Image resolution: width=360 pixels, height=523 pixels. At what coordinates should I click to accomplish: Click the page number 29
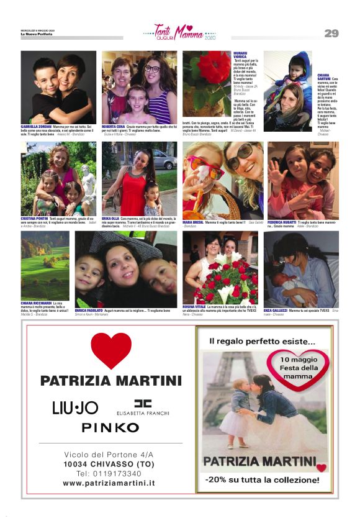pyautogui.click(x=331, y=34)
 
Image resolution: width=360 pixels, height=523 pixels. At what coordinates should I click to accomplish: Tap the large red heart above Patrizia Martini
pyautogui.click(x=111, y=349)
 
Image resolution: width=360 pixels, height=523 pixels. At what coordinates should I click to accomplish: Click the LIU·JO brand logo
pyautogui.click(x=75, y=407)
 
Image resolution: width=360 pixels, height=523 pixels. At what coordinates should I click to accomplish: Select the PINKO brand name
pyautogui.click(x=110, y=427)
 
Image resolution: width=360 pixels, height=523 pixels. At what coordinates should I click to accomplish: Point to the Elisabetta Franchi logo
pyautogui.click(x=143, y=407)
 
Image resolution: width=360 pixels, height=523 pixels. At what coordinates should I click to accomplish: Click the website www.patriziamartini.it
pyautogui.click(x=109, y=483)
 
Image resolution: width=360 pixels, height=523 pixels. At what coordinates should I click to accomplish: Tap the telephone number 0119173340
pyautogui.click(x=109, y=473)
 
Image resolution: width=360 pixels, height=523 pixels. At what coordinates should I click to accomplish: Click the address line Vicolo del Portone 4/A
pyautogui.click(x=109, y=454)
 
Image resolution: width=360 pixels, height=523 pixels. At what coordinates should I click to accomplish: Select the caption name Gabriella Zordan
pyautogui.click(x=36, y=127)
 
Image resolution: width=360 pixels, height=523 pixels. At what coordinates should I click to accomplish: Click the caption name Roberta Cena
pyautogui.click(x=114, y=127)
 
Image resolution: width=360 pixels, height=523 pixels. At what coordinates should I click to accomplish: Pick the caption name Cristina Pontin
pyautogui.click(x=34, y=219)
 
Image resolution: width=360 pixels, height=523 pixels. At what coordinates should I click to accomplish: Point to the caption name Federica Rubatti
pyautogui.click(x=282, y=222)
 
